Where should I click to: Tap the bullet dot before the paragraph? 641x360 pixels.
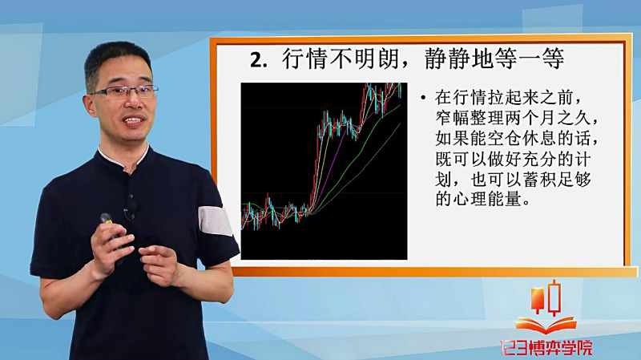pyautogui.click(x=423, y=98)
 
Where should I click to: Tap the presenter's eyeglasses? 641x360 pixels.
pyautogui.click(x=124, y=91)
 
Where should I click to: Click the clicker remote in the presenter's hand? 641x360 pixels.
pyautogui.click(x=107, y=219)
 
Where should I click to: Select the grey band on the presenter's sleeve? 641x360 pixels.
pyautogui.click(x=215, y=221)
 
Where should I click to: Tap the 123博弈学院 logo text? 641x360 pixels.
pyautogui.click(x=546, y=348)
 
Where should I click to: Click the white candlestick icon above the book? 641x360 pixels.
pyautogui.click(x=554, y=297)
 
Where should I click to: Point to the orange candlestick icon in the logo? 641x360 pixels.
pyautogui.click(x=537, y=300)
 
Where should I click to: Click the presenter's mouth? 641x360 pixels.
pyautogui.click(x=134, y=121)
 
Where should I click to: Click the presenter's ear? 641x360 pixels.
pyautogui.click(x=89, y=106)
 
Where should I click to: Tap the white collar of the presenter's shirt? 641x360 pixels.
pyautogui.click(x=123, y=157)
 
